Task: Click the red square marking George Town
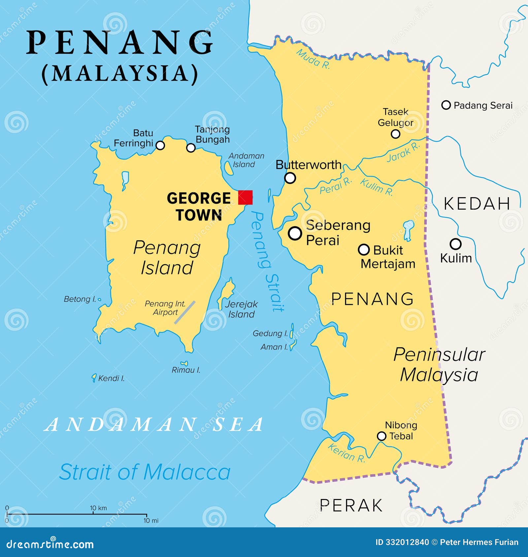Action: [x=245, y=197]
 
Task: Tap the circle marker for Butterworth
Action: [x=290, y=178]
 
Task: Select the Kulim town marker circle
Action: [x=455, y=244]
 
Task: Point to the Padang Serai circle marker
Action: [x=446, y=105]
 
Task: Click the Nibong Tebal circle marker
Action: [x=381, y=436]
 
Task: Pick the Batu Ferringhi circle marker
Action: [x=160, y=145]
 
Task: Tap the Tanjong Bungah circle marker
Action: [x=191, y=148]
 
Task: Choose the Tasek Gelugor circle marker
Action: [x=395, y=134]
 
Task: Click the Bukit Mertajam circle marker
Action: [x=364, y=249]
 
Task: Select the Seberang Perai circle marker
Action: [x=295, y=233]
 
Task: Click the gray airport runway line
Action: [x=185, y=312]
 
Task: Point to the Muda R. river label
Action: [x=313, y=59]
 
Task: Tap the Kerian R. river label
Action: [x=346, y=453]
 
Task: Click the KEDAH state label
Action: [x=477, y=203]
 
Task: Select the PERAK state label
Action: [x=351, y=506]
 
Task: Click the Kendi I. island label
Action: [x=111, y=378]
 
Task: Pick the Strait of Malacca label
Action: [x=145, y=472]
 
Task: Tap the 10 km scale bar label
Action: [x=98, y=508]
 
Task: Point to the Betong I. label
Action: [x=80, y=299]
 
